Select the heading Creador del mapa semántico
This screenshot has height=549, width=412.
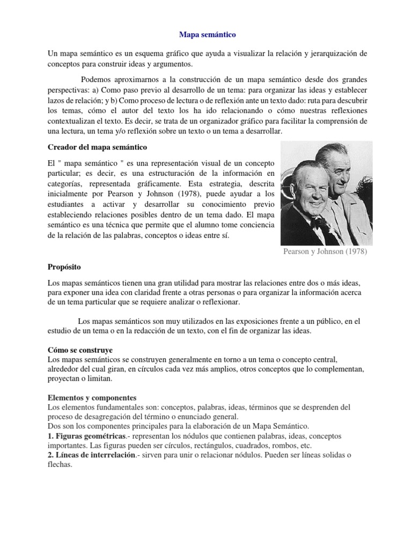point(97,146)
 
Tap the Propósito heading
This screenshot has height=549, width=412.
point(65,266)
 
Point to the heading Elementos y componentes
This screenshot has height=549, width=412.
point(92,398)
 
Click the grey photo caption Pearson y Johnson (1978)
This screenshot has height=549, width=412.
point(326,252)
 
